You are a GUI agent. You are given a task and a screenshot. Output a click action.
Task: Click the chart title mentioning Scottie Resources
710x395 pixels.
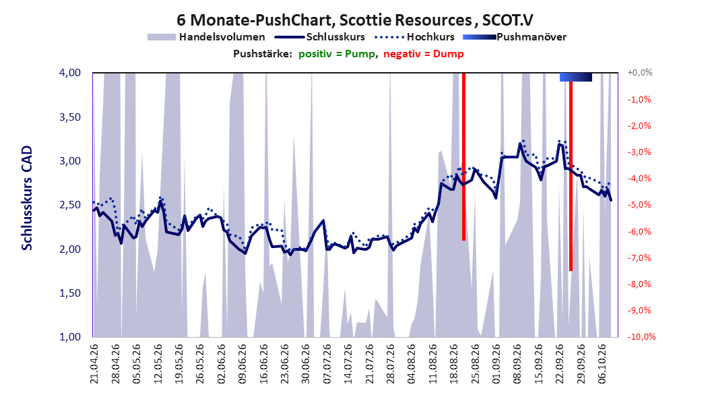point(354,20)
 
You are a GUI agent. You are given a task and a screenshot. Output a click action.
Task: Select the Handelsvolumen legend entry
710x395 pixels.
point(206,37)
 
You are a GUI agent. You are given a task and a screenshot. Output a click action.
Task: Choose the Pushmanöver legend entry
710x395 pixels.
point(515,37)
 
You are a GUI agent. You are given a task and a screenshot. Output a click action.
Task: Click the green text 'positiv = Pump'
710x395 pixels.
point(337,54)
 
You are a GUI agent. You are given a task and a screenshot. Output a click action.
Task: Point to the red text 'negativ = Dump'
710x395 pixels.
point(424,54)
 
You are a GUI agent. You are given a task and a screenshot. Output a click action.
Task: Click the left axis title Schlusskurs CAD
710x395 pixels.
point(27,198)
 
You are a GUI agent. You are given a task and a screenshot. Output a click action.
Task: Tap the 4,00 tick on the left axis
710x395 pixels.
point(70,73)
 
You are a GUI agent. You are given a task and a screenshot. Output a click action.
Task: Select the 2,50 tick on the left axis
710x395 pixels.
point(70,205)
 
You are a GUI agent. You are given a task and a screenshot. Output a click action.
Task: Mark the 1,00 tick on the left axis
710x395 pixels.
point(70,337)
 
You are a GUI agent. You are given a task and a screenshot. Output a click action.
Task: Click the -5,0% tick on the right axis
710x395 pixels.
point(639,205)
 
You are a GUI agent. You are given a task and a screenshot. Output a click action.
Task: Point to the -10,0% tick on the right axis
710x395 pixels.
point(641,337)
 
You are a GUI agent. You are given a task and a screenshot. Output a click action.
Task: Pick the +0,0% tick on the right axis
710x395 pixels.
point(640,73)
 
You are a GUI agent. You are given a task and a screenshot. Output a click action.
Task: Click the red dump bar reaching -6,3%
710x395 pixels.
point(463,156)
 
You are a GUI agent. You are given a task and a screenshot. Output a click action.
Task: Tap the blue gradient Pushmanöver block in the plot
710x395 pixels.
point(576,77)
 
